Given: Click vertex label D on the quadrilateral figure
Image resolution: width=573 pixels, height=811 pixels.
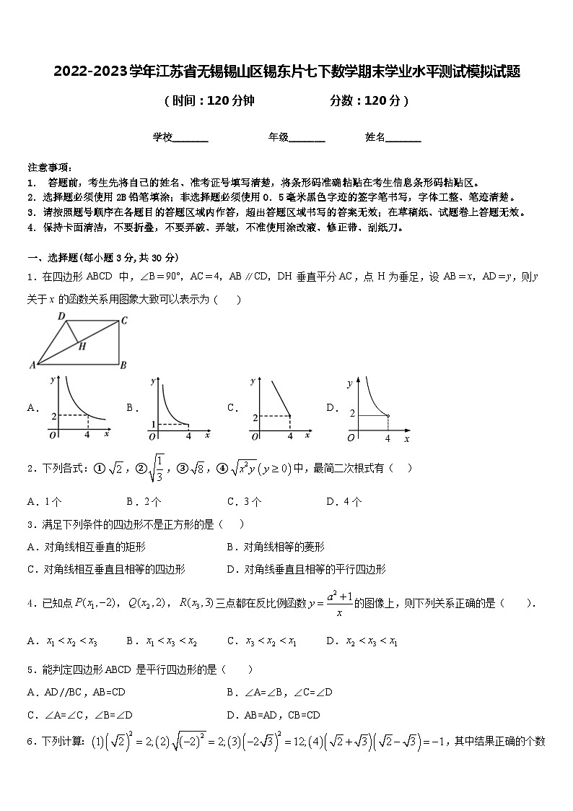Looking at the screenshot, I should [62, 316].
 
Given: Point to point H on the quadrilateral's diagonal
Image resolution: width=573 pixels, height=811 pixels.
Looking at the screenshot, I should [82, 346].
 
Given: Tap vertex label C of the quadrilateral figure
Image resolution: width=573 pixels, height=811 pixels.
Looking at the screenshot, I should [124, 320].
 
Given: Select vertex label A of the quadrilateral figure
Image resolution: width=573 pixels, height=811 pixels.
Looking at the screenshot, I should [32, 365].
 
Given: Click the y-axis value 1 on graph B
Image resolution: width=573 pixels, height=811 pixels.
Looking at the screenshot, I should [153, 424].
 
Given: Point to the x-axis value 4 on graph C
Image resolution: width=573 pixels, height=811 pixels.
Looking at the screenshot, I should [289, 436].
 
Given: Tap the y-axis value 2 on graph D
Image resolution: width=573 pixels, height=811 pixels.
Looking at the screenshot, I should [353, 414].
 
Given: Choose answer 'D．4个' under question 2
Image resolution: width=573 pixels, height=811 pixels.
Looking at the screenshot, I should [344, 502].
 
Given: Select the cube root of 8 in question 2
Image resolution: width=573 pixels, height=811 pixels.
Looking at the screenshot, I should [198, 468].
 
